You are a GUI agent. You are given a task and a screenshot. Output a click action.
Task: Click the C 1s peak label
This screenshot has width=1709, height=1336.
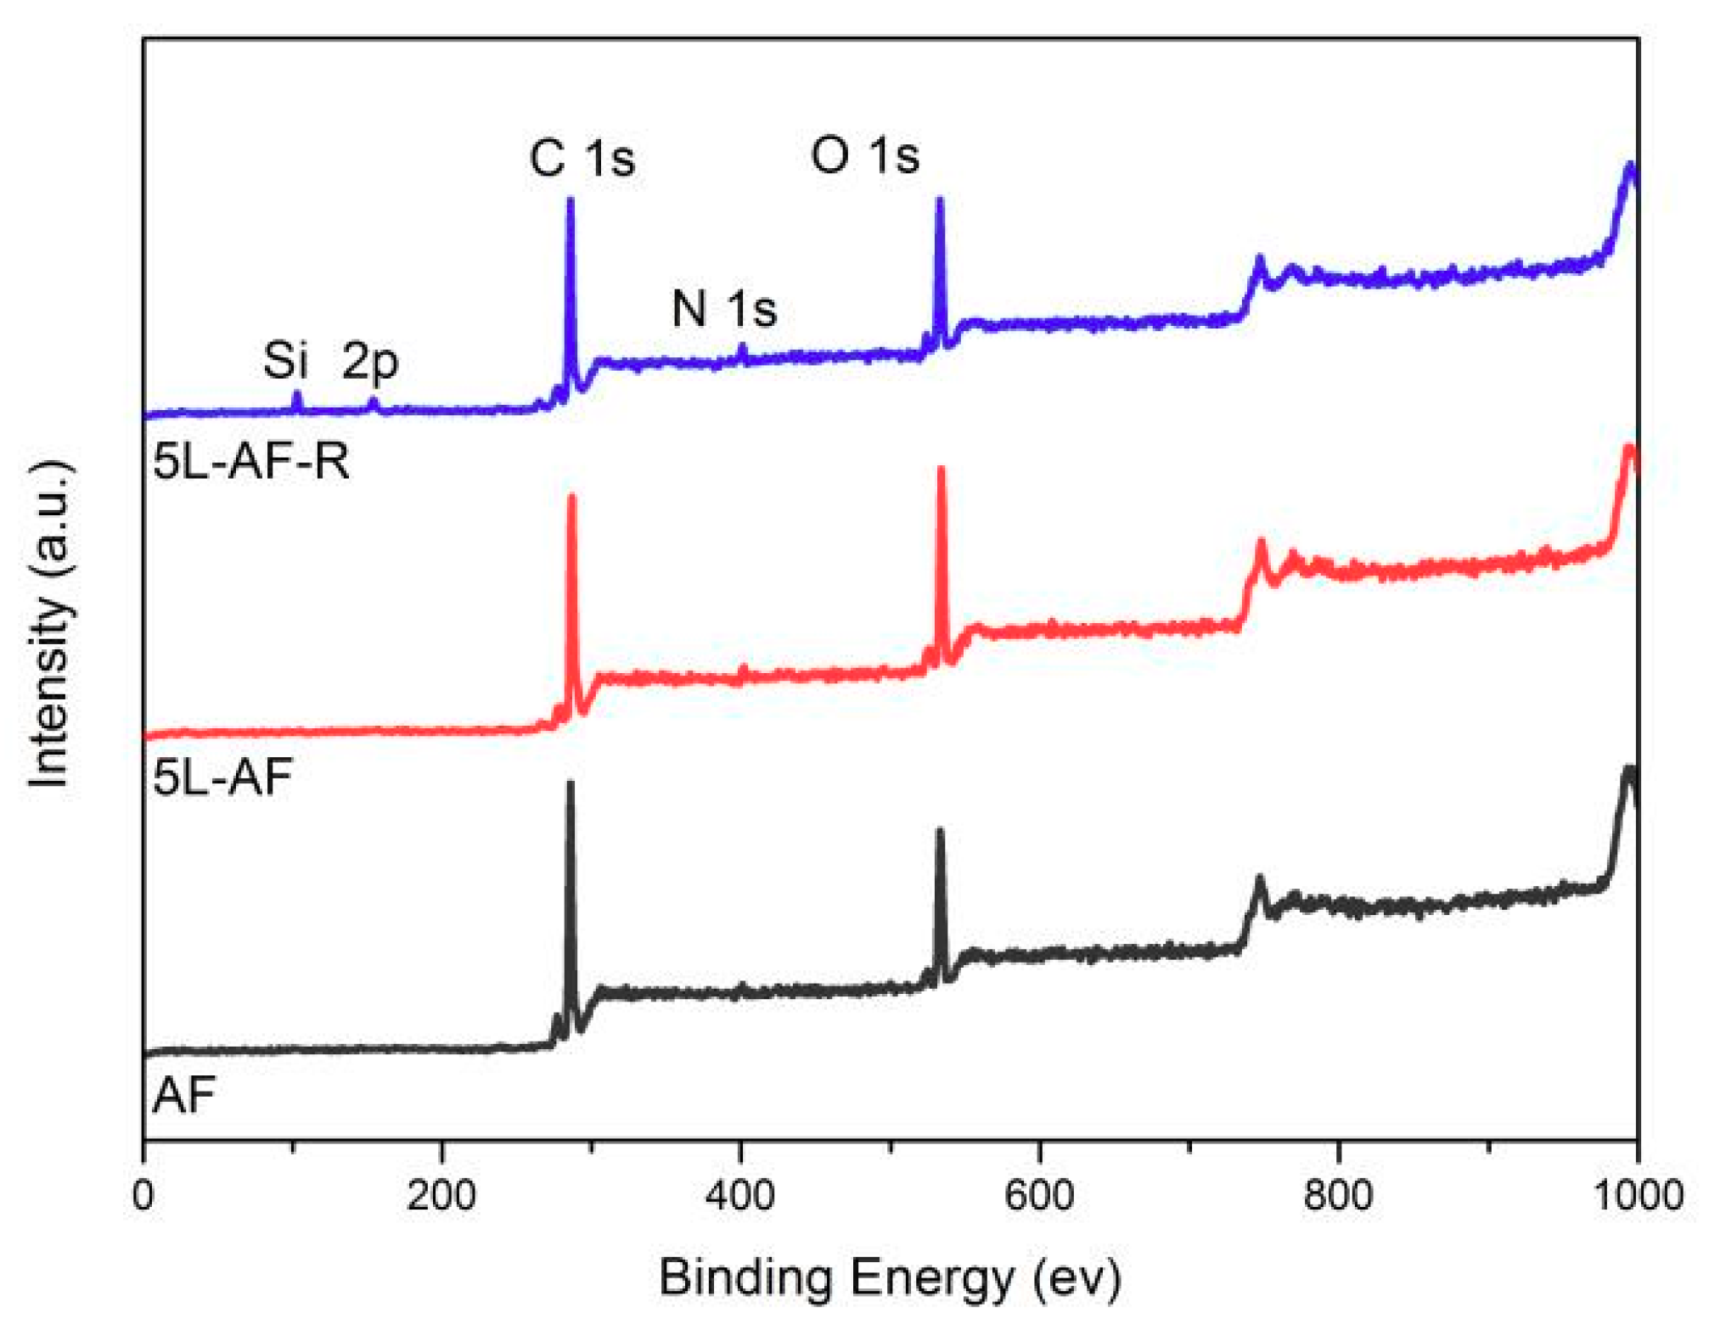pyautogui.click(x=582, y=159)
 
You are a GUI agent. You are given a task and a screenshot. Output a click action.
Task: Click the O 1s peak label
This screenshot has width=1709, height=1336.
pyautogui.click(x=864, y=156)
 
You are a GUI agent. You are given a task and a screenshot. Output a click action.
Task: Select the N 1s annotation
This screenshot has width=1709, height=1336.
pyautogui.click(x=723, y=308)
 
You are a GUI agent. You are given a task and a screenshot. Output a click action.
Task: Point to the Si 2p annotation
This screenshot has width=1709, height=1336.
pyautogui.click(x=329, y=361)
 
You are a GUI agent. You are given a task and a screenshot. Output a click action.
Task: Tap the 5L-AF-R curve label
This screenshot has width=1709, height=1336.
pyautogui.click(x=250, y=463)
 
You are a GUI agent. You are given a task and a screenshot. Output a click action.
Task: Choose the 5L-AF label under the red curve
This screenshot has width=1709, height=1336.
pyautogui.click(x=222, y=777)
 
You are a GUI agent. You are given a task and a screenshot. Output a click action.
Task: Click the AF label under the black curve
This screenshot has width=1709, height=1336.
pyautogui.click(x=183, y=1096)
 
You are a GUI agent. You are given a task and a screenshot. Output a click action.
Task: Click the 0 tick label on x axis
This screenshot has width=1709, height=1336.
pyautogui.click(x=143, y=1196)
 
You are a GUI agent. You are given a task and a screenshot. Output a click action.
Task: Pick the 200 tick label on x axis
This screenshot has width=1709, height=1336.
pyautogui.click(x=441, y=1196)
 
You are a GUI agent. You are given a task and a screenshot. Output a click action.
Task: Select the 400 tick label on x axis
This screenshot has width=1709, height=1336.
pyautogui.click(x=740, y=1196)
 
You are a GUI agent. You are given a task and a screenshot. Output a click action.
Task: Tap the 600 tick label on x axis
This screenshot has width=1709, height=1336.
pyautogui.click(x=1039, y=1196)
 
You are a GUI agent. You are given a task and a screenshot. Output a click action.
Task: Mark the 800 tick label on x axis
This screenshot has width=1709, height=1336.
pyautogui.click(x=1338, y=1196)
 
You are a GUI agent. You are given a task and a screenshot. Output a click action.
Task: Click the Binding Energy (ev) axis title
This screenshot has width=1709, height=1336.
pyautogui.click(x=890, y=1278)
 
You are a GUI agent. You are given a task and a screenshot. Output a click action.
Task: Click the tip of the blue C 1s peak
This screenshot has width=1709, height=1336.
pyautogui.click(x=570, y=200)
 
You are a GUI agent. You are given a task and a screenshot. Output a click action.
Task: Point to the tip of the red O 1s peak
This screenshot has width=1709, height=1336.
pyautogui.click(x=941, y=469)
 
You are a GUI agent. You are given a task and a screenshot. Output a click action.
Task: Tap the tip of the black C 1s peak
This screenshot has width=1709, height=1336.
pyautogui.click(x=570, y=783)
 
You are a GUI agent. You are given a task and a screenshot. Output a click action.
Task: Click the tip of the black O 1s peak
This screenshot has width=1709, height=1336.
pyautogui.click(x=940, y=831)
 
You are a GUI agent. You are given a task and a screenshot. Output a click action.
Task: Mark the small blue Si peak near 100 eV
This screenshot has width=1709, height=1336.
pyautogui.click(x=296, y=394)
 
